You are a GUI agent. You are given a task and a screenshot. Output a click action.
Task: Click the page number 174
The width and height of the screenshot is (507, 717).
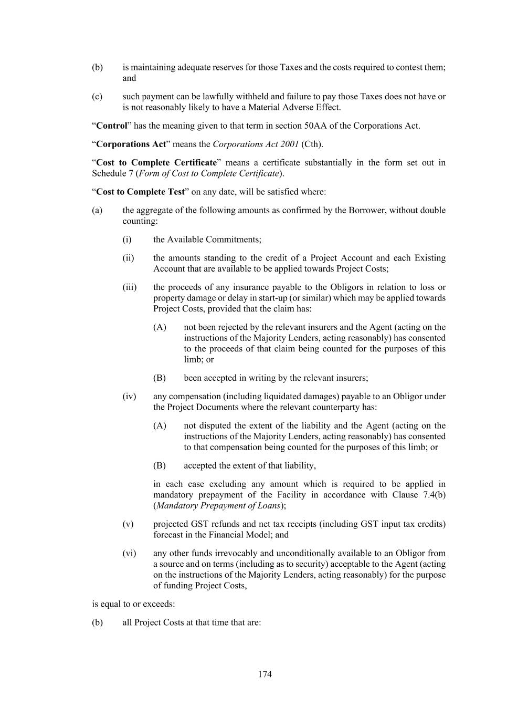[x=265, y=674]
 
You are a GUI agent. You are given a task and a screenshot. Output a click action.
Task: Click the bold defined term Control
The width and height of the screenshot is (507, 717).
[x=112, y=126]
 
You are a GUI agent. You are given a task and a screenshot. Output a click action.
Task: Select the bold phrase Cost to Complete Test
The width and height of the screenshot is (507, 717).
[x=140, y=192]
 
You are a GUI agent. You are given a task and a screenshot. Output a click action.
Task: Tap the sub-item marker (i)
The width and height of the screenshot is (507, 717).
[x=127, y=240]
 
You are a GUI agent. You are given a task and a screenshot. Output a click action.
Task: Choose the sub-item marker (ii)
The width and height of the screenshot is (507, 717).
[x=128, y=258]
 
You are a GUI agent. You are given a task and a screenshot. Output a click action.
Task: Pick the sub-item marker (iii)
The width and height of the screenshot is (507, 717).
[x=129, y=287]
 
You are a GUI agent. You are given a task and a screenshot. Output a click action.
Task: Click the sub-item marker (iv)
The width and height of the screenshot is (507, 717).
[x=129, y=397]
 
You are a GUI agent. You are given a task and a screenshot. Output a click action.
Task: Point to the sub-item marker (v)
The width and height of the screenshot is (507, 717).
[x=128, y=524]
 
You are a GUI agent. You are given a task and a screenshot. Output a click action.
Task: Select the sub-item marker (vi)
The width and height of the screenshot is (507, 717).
[x=129, y=553]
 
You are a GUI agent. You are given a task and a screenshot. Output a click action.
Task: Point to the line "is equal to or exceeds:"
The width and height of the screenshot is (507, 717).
[x=133, y=604]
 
